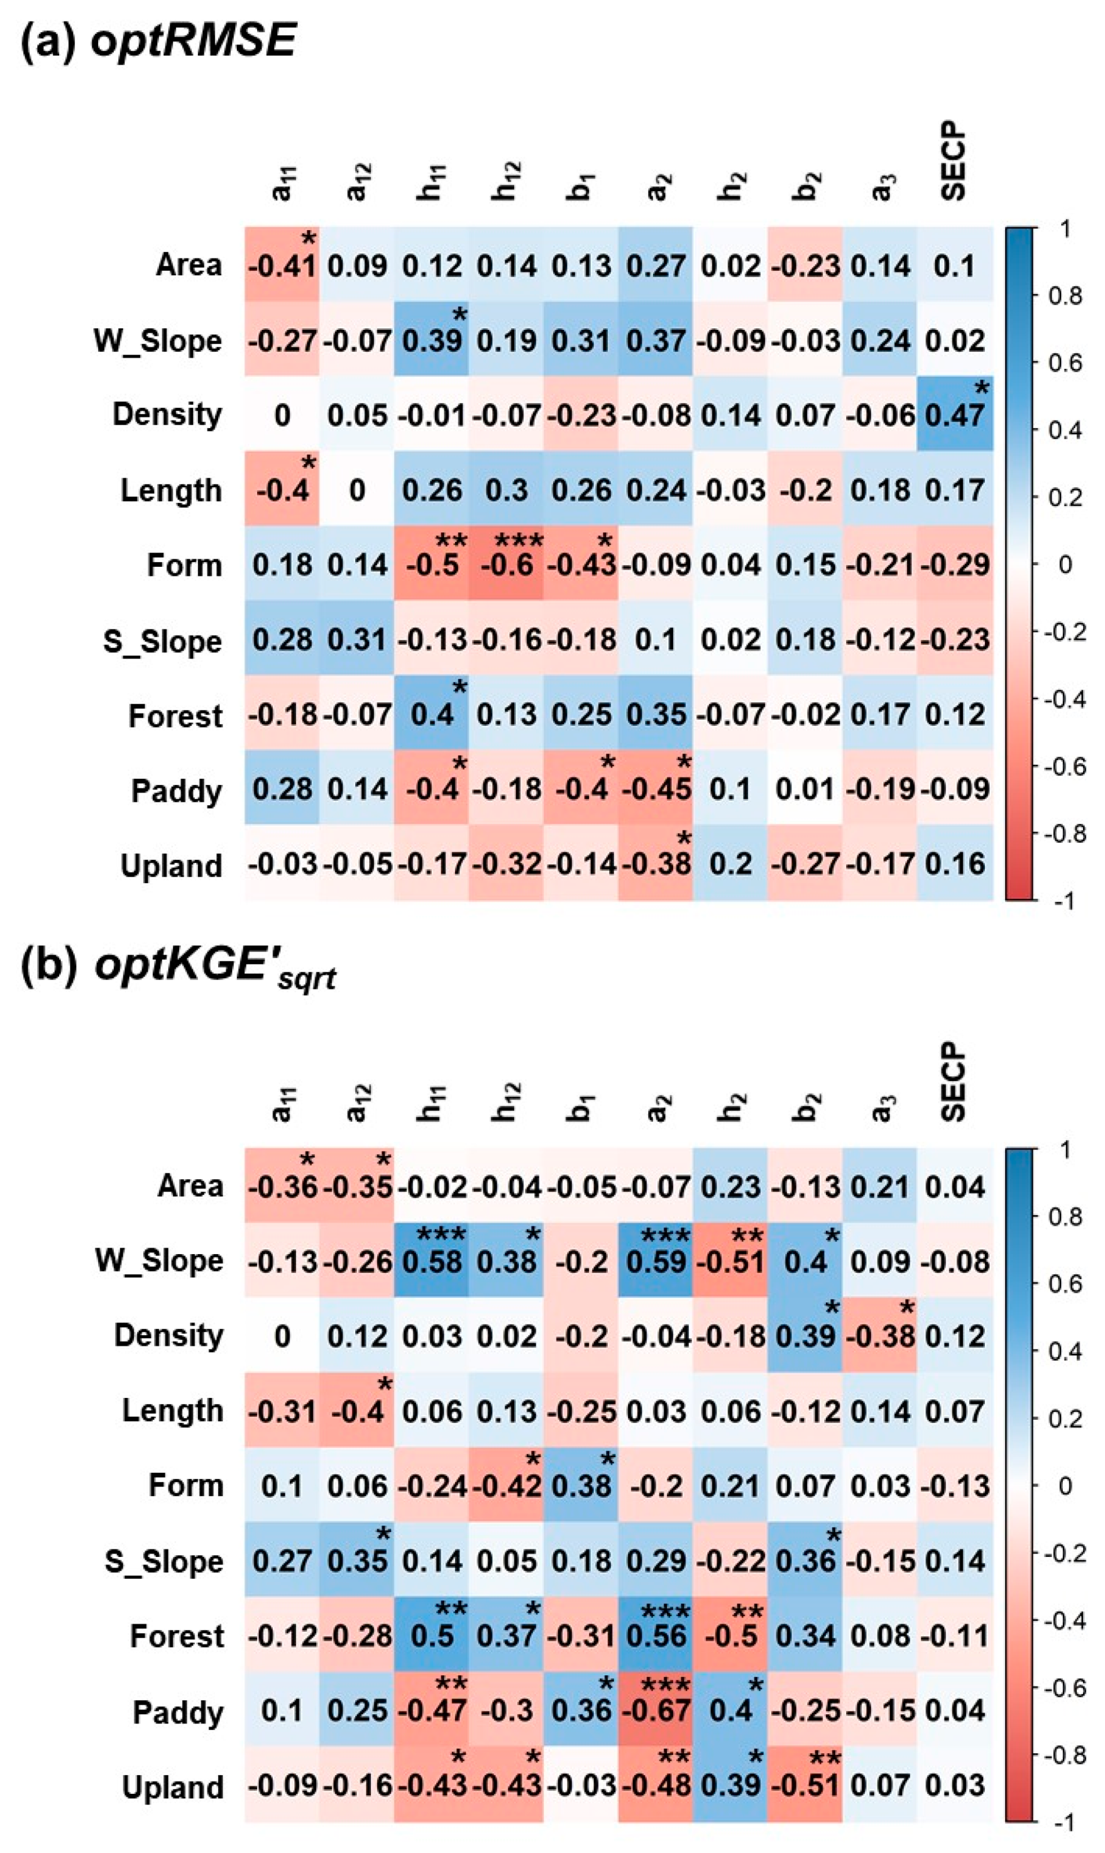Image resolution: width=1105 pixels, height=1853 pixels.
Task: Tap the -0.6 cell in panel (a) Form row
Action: tap(506, 564)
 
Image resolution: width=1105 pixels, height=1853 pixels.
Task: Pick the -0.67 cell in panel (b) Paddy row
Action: tap(655, 1711)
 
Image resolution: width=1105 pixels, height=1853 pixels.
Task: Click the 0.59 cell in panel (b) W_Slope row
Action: tap(655, 1261)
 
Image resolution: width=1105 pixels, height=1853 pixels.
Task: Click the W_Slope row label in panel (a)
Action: tap(158, 341)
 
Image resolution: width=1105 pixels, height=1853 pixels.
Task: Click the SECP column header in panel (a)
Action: tap(953, 162)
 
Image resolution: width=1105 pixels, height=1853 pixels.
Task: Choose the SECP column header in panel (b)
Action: tap(953, 1082)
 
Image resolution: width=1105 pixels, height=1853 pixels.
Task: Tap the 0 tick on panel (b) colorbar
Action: tap(1065, 1486)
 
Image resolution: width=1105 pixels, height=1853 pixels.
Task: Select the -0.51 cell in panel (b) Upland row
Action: tap(805, 1786)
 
